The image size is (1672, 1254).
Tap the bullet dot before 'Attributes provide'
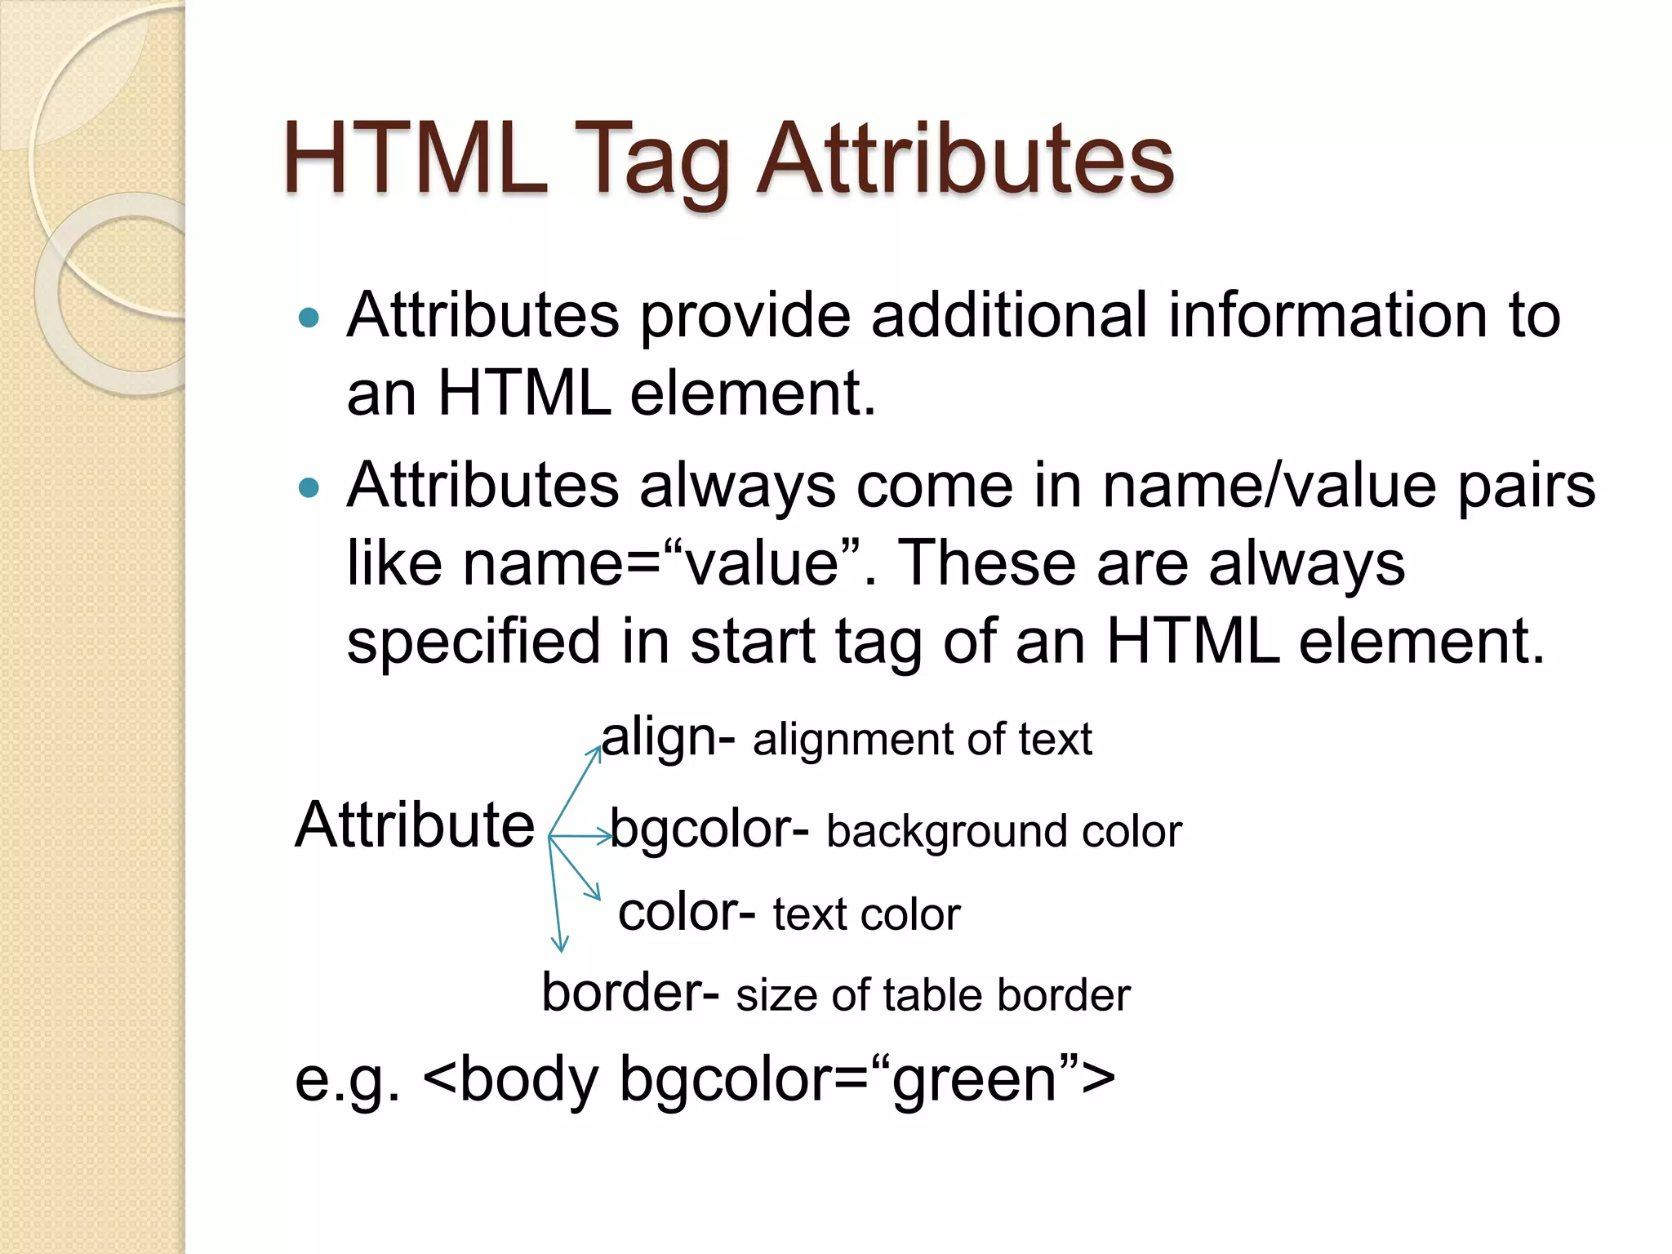[x=309, y=318]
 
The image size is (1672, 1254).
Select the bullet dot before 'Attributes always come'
[x=309, y=488]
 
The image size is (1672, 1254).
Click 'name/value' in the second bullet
[x=1269, y=485]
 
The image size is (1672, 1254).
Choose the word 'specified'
[x=474, y=642]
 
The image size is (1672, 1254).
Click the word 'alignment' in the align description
[x=850, y=740]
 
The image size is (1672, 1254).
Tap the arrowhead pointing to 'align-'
[x=597, y=750]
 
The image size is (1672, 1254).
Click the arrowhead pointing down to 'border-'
[x=560, y=945]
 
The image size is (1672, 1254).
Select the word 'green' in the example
[x=975, y=1079]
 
